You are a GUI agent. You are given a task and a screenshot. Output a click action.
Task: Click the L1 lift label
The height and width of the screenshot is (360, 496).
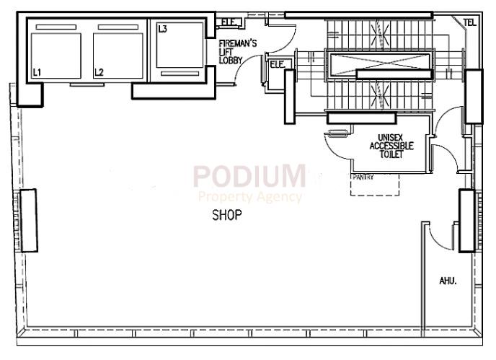coord(37,72)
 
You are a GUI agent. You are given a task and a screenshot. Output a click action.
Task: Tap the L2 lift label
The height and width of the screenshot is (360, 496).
coord(99,72)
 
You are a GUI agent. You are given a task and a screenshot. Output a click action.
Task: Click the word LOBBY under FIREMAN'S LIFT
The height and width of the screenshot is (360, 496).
coord(231,60)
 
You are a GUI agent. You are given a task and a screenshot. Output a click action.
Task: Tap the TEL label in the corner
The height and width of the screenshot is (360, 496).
coord(470,22)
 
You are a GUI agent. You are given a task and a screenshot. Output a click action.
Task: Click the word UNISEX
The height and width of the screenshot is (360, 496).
coord(391,137)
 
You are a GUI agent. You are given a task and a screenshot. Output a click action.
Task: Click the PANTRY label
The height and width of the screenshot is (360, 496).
coord(363,176)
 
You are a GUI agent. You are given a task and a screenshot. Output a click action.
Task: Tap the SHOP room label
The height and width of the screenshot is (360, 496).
coord(226,215)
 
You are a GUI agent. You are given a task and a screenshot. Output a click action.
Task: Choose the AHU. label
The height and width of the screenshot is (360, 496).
coord(448,280)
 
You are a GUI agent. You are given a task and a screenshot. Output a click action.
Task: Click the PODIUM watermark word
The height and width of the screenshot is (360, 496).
coord(249,177)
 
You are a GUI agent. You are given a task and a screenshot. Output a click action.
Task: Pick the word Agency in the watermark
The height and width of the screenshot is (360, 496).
coord(278,196)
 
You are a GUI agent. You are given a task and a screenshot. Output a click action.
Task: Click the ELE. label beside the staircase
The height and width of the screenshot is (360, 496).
coord(277,64)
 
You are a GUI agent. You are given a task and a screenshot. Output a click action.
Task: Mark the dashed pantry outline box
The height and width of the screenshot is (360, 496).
coord(375,185)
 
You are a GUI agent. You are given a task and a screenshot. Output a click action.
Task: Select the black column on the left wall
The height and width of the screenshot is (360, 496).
coord(28,220)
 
